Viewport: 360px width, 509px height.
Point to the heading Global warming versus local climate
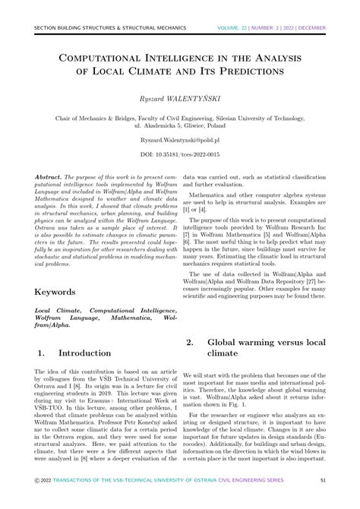coord(265,348)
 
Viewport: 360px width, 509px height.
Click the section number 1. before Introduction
coord(41,353)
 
